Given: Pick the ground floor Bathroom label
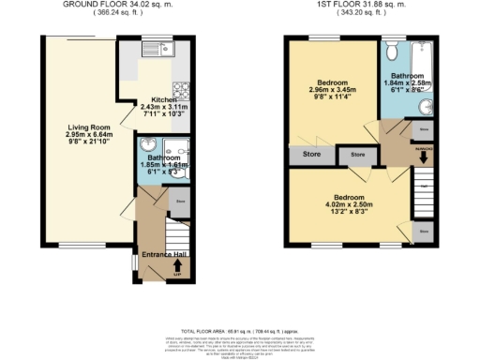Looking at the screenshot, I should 165,157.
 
